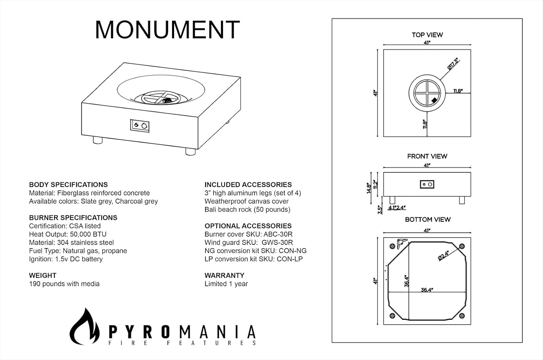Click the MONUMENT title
[x=167, y=30]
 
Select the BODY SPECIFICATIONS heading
[x=68, y=185]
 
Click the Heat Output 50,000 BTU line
[x=68, y=234]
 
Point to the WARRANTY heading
[x=224, y=275]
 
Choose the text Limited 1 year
[x=226, y=284]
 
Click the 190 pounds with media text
[x=64, y=284]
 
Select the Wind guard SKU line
[x=249, y=242]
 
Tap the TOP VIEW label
[x=427, y=35]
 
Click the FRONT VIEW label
[x=427, y=156]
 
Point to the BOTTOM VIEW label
[x=428, y=220]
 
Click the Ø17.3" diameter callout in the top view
[x=453, y=64]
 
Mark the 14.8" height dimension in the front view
[x=369, y=188]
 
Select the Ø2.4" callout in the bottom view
[x=443, y=255]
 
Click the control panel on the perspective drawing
[x=140, y=126]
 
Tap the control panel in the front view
[x=427, y=185]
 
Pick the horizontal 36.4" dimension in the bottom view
[x=427, y=290]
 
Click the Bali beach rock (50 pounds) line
[x=247, y=209]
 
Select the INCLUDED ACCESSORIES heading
[x=248, y=185]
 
